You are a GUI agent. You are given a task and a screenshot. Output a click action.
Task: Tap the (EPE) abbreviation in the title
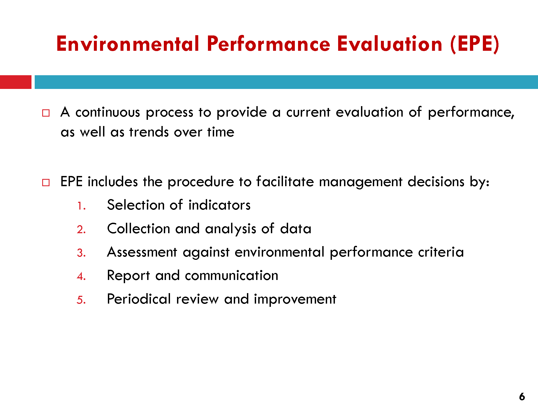click(475, 44)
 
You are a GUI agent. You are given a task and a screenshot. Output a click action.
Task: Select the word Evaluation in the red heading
click(390, 44)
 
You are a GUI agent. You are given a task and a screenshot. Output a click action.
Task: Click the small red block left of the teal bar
click(16, 82)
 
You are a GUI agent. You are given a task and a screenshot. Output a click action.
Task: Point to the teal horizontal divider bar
click(286, 82)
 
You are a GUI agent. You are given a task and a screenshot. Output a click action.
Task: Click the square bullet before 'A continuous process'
click(46, 113)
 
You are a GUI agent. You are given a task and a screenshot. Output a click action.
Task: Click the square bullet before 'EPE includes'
click(46, 183)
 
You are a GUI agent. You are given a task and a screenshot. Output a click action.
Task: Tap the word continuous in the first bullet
click(108, 112)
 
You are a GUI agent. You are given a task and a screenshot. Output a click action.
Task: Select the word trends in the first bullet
click(149, 132)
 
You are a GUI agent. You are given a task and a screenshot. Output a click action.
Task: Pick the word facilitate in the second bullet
click(285, 181)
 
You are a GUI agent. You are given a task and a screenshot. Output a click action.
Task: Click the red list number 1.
click(81, 206)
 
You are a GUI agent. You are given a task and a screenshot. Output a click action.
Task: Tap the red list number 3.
click(81, 253)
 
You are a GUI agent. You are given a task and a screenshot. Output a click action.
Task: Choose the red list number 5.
click(81, 300)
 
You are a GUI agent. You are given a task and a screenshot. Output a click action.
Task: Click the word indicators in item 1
click(220, 205)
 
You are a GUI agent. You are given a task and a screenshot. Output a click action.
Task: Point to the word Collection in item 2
click(139, 229)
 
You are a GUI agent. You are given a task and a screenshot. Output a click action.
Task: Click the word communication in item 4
click(232, 275)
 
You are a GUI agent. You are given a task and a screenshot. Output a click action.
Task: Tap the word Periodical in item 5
click(139, 299)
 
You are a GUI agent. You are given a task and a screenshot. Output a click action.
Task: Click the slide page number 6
click(522, 397)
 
